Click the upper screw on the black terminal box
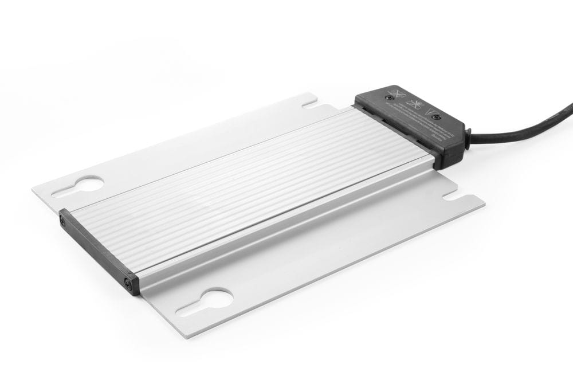390,97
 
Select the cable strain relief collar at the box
467,138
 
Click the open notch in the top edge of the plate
309,104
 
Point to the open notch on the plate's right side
452,195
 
